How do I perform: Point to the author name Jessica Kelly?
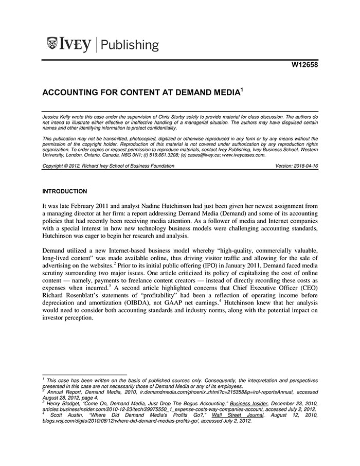(57, 117)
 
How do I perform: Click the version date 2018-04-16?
(305, 166)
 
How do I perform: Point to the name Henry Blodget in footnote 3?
(64, 403)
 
